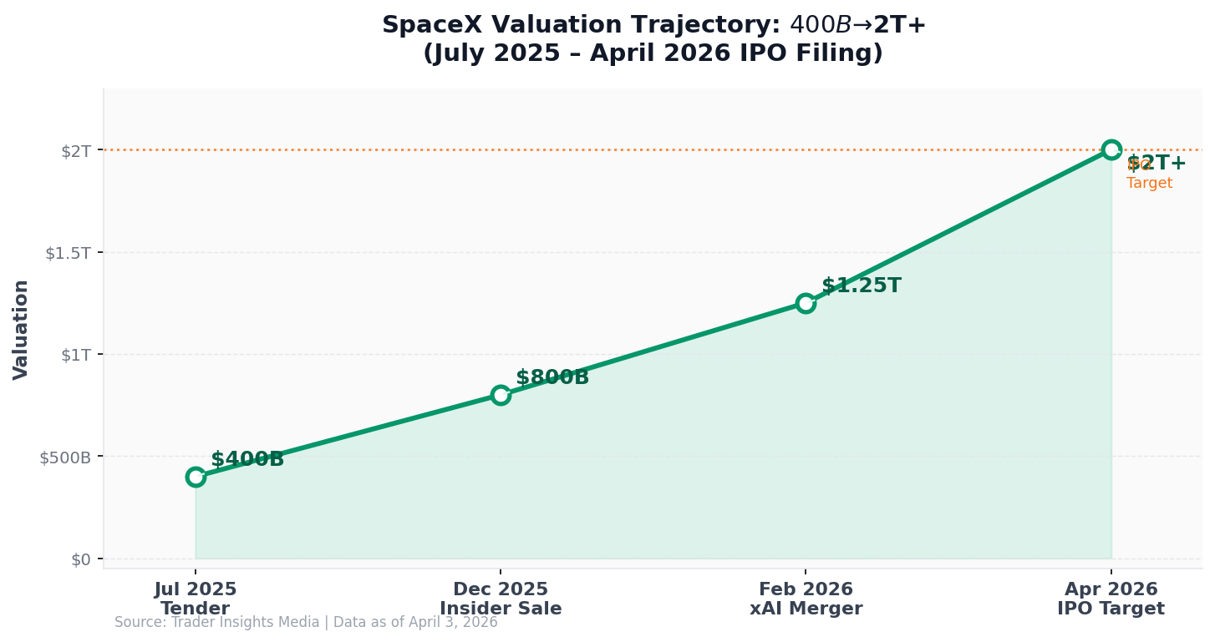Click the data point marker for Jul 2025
click(196, 477)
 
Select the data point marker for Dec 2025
click(501, 395)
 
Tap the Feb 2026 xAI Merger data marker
click(806, 303)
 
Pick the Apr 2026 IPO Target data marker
click(1111, 149)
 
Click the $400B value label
click(247, 459)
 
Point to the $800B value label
click(552, 377)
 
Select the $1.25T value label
click(861, 286)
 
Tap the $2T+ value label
click(1157, 163)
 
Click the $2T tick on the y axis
click(75, 150)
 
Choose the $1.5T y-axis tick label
click(68, 253)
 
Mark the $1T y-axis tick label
click(75, 355)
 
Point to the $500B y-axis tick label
click(65, 457)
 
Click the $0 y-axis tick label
click(81, 559)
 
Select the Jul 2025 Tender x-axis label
click(196, 599)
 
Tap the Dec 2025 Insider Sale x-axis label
click(501, 599)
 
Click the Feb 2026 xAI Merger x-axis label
click(806, 599)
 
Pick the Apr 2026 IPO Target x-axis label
click(1111, 599)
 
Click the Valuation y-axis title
click(21, 329)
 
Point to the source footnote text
click(306, 622)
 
